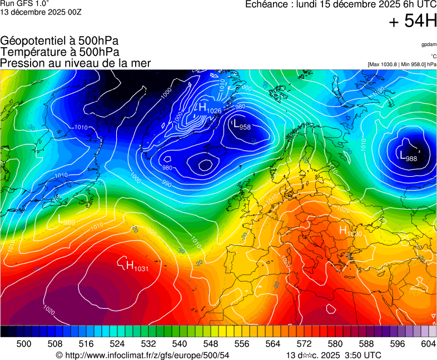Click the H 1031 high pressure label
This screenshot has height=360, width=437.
coord(137,266)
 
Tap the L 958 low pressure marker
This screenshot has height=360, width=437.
coord(241,124)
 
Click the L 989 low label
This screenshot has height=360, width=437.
coord(67,220)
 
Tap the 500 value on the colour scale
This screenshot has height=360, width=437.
coord(24,344)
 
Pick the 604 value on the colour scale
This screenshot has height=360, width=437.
coord(428,344)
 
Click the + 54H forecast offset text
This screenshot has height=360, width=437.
coord(413,21)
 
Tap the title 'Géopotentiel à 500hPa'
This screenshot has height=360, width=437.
coord(59,41)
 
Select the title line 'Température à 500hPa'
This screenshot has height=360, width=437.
coord(59,52)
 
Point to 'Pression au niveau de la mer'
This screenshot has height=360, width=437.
coord(75,63)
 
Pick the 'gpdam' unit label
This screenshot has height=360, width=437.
coord(428,44)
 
